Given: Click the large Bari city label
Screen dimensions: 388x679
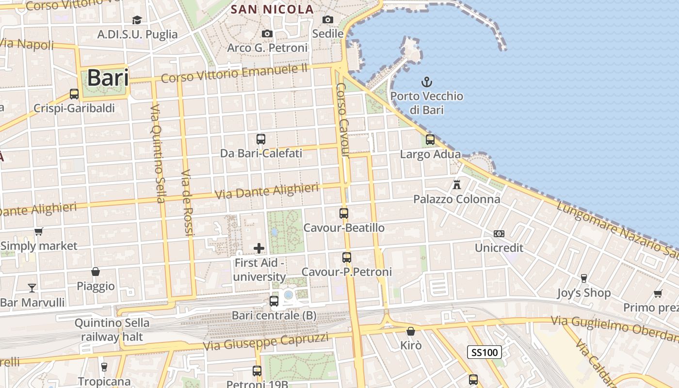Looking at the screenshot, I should [108, 78].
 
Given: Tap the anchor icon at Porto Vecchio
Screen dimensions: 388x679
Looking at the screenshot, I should [427, 81].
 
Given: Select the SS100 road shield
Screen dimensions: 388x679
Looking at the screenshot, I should [485, 352].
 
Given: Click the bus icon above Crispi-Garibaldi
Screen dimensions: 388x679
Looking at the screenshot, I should [74, 94].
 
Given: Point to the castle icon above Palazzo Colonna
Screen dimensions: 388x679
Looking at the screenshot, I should [456, 184].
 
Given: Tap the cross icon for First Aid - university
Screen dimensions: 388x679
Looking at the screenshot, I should [259, 248].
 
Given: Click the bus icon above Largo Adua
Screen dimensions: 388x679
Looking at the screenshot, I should [430, 140].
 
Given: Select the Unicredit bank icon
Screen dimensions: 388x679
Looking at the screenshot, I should [499, 234].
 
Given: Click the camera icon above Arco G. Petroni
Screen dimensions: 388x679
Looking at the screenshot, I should [267, 33].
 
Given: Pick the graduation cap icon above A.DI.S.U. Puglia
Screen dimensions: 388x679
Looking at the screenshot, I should [137, 20].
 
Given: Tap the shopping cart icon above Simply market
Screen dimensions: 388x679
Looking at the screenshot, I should [39, 231].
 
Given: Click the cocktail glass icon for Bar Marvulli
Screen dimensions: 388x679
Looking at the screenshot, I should [32, 288].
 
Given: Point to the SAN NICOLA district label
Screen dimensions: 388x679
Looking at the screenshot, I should [272, 9].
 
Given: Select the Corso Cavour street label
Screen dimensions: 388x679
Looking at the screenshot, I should [343, 120].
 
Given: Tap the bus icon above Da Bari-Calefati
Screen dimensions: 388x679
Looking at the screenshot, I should [261, 139].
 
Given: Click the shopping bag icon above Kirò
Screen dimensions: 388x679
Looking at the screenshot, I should [411, 331].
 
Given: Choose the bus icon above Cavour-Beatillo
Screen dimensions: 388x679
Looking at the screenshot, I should [344, 213].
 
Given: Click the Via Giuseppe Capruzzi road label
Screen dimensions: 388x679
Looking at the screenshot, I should [266, 341].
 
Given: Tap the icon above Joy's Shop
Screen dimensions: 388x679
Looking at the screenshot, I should [584, 278].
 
